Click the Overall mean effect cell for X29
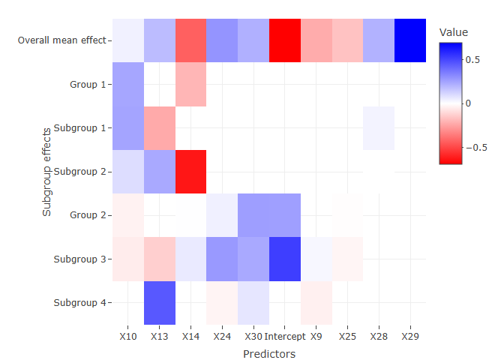point(409,40)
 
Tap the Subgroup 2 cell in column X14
point(190,172)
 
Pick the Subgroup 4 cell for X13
point(160,303)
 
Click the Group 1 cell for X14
point(190,84)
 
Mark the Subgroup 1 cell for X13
point(160,128)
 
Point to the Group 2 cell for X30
point(253,215)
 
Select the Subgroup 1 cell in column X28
point(378,128)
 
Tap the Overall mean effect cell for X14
point(190,40)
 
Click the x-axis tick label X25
point(347,337)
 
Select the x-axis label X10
point(128,337)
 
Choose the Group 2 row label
point(88,215)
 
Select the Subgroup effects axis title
point(47,172)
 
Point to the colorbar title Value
point(454,32)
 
